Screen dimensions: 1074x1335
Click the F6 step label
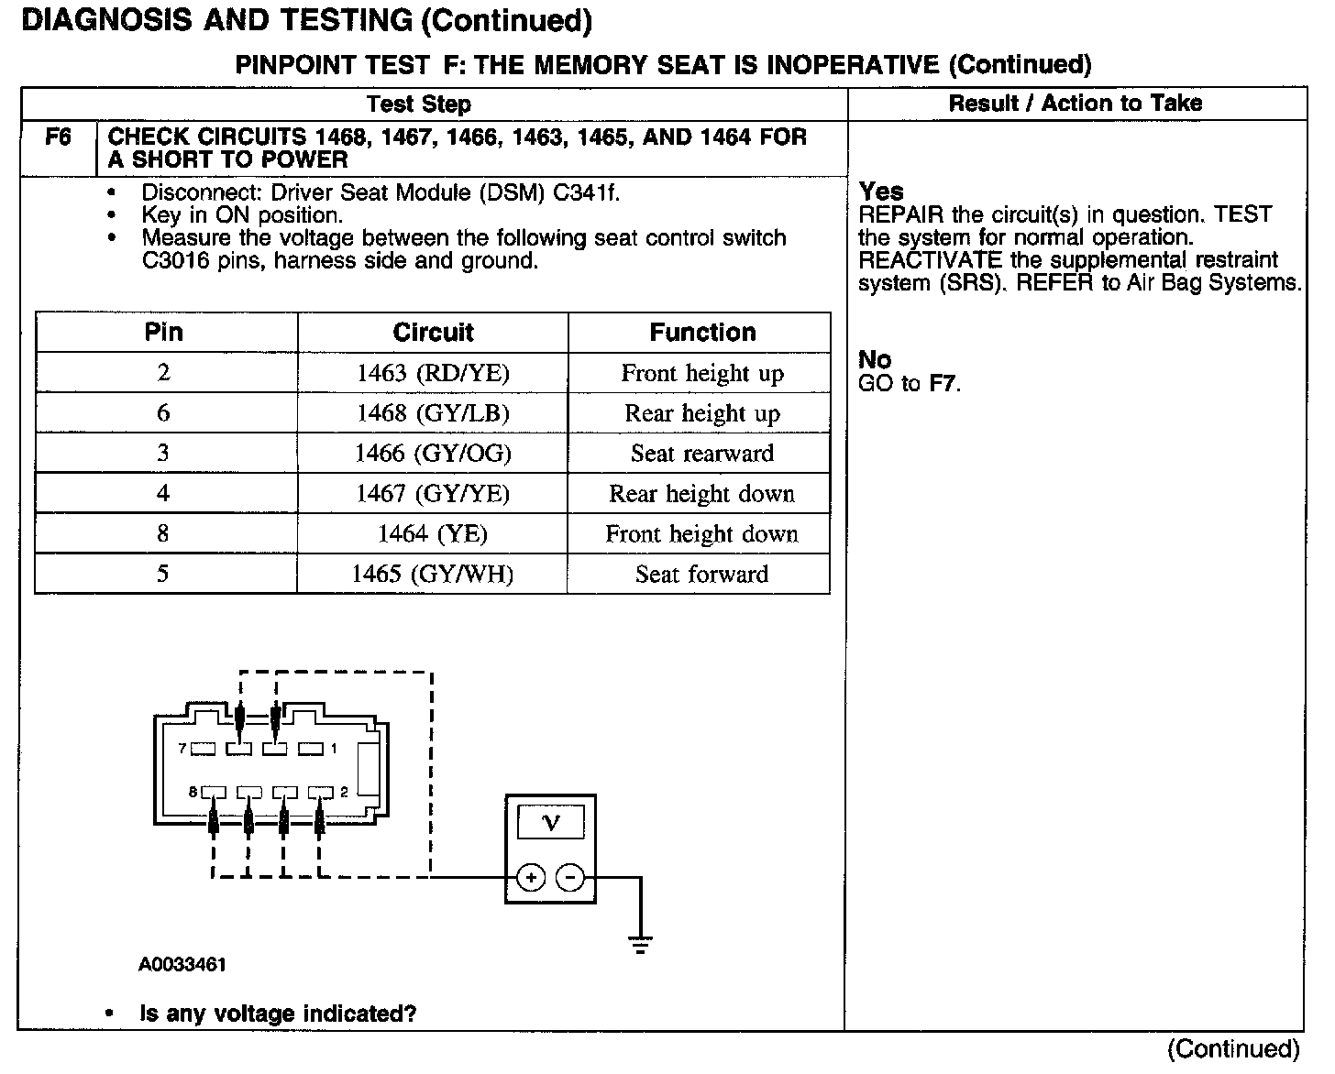click(x=58, y=137)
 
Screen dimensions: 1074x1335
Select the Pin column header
click(x=164, y=332)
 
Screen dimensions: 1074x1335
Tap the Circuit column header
click(x=433, y=332)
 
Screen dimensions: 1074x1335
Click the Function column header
click(x=702, y=332)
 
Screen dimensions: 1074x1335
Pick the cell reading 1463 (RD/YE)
click(x=433, y=373)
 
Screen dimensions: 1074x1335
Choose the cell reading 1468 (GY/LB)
click(x=433, y=413)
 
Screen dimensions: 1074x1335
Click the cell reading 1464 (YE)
click(x=433, y=534)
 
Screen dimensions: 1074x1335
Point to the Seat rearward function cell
click(x=702, y=454)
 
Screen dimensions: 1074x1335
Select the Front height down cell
click(x=702, y=534)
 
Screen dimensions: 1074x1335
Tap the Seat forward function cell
click(x=702, y=575)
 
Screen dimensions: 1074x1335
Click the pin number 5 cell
click(x=163, y=575)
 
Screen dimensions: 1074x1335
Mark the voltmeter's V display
click(x=550, y=822)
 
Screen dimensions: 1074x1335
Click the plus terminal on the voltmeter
click(x=531, y=878)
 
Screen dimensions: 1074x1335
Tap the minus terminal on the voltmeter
click(x=570, y=878)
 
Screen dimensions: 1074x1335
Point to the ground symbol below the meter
click(x=640, y=944)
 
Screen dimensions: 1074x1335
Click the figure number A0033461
click(x=182, y=965)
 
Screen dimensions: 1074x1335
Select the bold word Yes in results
click(x=881, y=192)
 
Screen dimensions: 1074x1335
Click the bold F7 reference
click(x=943, y=383)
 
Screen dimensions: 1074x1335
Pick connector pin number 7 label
click(x=182, y=749)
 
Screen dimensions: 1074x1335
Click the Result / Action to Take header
click(x=1075, y=104)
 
